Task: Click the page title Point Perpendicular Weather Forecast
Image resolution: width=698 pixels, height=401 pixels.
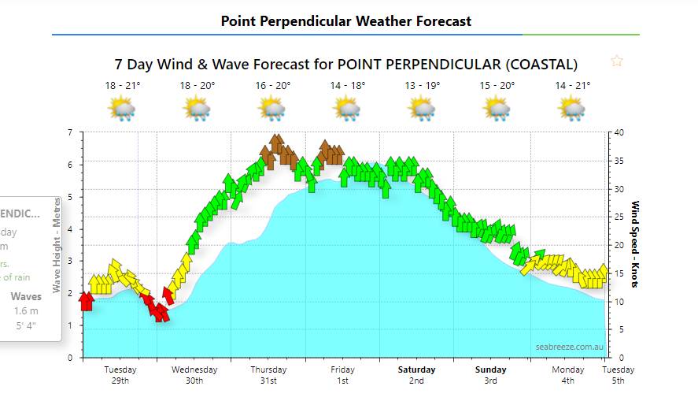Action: (x=346, y=21)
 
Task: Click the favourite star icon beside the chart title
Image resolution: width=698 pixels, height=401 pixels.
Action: (x=617, y=61)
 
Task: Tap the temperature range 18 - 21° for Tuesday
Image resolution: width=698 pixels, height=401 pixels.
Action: (x=122, y=85)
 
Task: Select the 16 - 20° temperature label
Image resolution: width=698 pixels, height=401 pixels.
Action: (x=273, y=85)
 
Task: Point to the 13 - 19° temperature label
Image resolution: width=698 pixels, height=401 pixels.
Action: (x=423, y=85)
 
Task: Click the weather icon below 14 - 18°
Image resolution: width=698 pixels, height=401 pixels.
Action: (x=348, y=109)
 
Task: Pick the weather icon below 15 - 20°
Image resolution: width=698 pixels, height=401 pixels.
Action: (x=497, y=109)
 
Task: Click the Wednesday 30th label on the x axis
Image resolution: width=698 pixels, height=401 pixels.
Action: (x=194, y=375)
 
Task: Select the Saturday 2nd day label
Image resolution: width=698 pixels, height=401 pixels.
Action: (x=416, y=375)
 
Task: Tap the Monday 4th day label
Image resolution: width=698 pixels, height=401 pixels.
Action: (x=567, y=375)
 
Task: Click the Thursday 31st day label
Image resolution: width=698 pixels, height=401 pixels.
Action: (x=268, y=375)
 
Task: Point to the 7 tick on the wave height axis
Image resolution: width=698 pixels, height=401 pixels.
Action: (x=70, y=132)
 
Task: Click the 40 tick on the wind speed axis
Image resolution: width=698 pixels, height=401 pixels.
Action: (x=619, y=132)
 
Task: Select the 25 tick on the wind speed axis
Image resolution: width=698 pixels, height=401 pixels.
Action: (x=619, y=217)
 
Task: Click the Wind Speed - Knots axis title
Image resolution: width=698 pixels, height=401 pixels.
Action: (x=636, y=244)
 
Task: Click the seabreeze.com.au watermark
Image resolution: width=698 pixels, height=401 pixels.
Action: (x=570, y=347)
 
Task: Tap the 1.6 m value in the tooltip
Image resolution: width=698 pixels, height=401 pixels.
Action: (x=26, y=311)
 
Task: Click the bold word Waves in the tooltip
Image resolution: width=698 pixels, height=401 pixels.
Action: (x=26, y=297)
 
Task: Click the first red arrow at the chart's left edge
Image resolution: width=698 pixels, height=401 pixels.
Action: (x=87, y=301)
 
